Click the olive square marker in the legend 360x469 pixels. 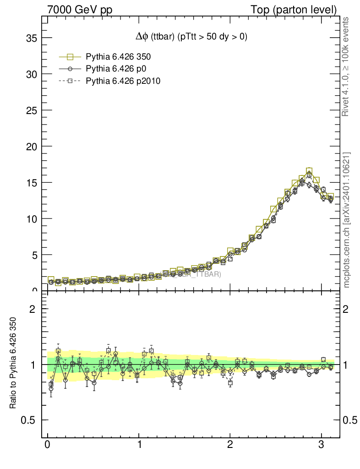pyautogui.click(x=70, y=57)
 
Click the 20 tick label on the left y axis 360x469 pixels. pyautogui.click(x=31, y=147)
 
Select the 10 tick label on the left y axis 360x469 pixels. pyautogui.click(x=31, y=219)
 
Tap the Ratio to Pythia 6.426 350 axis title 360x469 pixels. pyautogui.click(x=13, y=363)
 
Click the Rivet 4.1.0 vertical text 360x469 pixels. pyautogui.click(x=346, y=66)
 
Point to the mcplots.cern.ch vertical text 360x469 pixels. pyautogui.click(x=347, y=220)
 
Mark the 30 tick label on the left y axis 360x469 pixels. pyautogui.click(x=31, y=74)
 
